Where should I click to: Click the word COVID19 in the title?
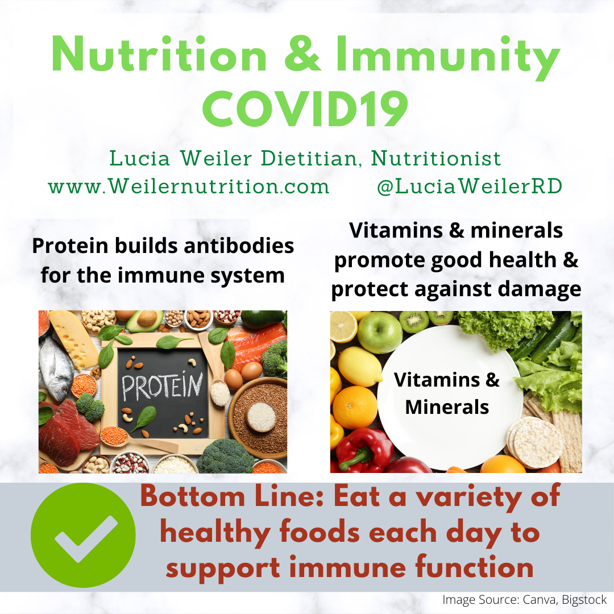305,109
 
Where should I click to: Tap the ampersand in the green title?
302,54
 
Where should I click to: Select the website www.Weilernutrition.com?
188,186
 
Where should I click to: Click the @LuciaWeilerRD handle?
470,186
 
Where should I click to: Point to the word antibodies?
239,246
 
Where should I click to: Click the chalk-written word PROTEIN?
163,385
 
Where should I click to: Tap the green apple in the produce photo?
380,333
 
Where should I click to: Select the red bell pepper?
364,450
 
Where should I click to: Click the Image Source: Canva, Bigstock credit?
524,600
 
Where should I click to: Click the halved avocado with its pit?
146,320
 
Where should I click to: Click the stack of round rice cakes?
535,442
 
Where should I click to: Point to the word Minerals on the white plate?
447,407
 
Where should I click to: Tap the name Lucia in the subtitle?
139,158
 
